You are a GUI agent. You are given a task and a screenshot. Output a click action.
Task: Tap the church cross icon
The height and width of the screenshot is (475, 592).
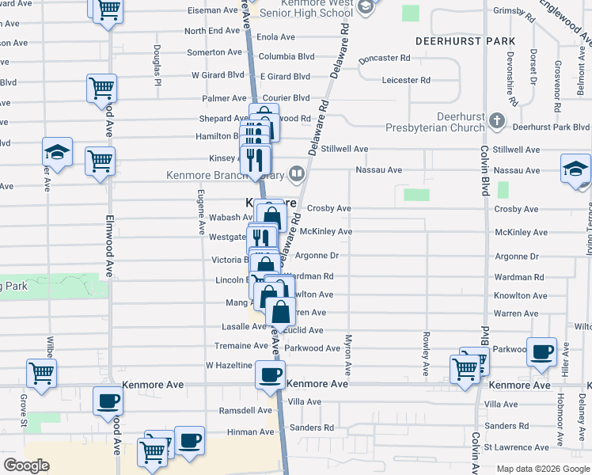click(x=496, y=120)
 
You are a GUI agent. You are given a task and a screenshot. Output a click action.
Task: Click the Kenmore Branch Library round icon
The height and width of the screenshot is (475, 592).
click(x=297, y=173)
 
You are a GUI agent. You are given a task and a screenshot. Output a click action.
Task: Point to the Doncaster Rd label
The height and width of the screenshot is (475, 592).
click(x=384, y=59)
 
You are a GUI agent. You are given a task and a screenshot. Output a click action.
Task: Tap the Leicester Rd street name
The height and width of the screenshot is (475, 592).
click(x=405, y=80)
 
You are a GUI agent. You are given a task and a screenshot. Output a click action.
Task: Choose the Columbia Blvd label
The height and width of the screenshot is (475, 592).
click(x=287, y=57)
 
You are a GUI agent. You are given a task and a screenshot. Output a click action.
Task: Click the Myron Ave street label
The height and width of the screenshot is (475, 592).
click(x=347, y=355)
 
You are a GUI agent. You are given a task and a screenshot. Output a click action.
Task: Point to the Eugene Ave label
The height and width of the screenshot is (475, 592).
click(x=202, y=212)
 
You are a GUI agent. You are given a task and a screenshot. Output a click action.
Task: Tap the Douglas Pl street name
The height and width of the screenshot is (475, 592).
click(x=158, y=66)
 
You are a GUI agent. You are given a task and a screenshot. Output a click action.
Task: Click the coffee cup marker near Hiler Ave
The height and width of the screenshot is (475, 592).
click(x=542, y=351)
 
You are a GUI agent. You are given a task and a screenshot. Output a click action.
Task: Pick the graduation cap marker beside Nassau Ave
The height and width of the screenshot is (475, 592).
click(x=575, y=168)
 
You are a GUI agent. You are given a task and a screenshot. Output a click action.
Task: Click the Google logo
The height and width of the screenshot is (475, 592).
click(x=26, y=465)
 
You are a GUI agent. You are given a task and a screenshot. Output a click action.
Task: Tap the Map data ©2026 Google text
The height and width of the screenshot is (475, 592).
click(x=543, y=468)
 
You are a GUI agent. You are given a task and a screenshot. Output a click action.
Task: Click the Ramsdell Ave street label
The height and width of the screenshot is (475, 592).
click(x=245, y=411)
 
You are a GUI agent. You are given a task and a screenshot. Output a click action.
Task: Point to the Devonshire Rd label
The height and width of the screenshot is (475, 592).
click(x=511, y=78)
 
